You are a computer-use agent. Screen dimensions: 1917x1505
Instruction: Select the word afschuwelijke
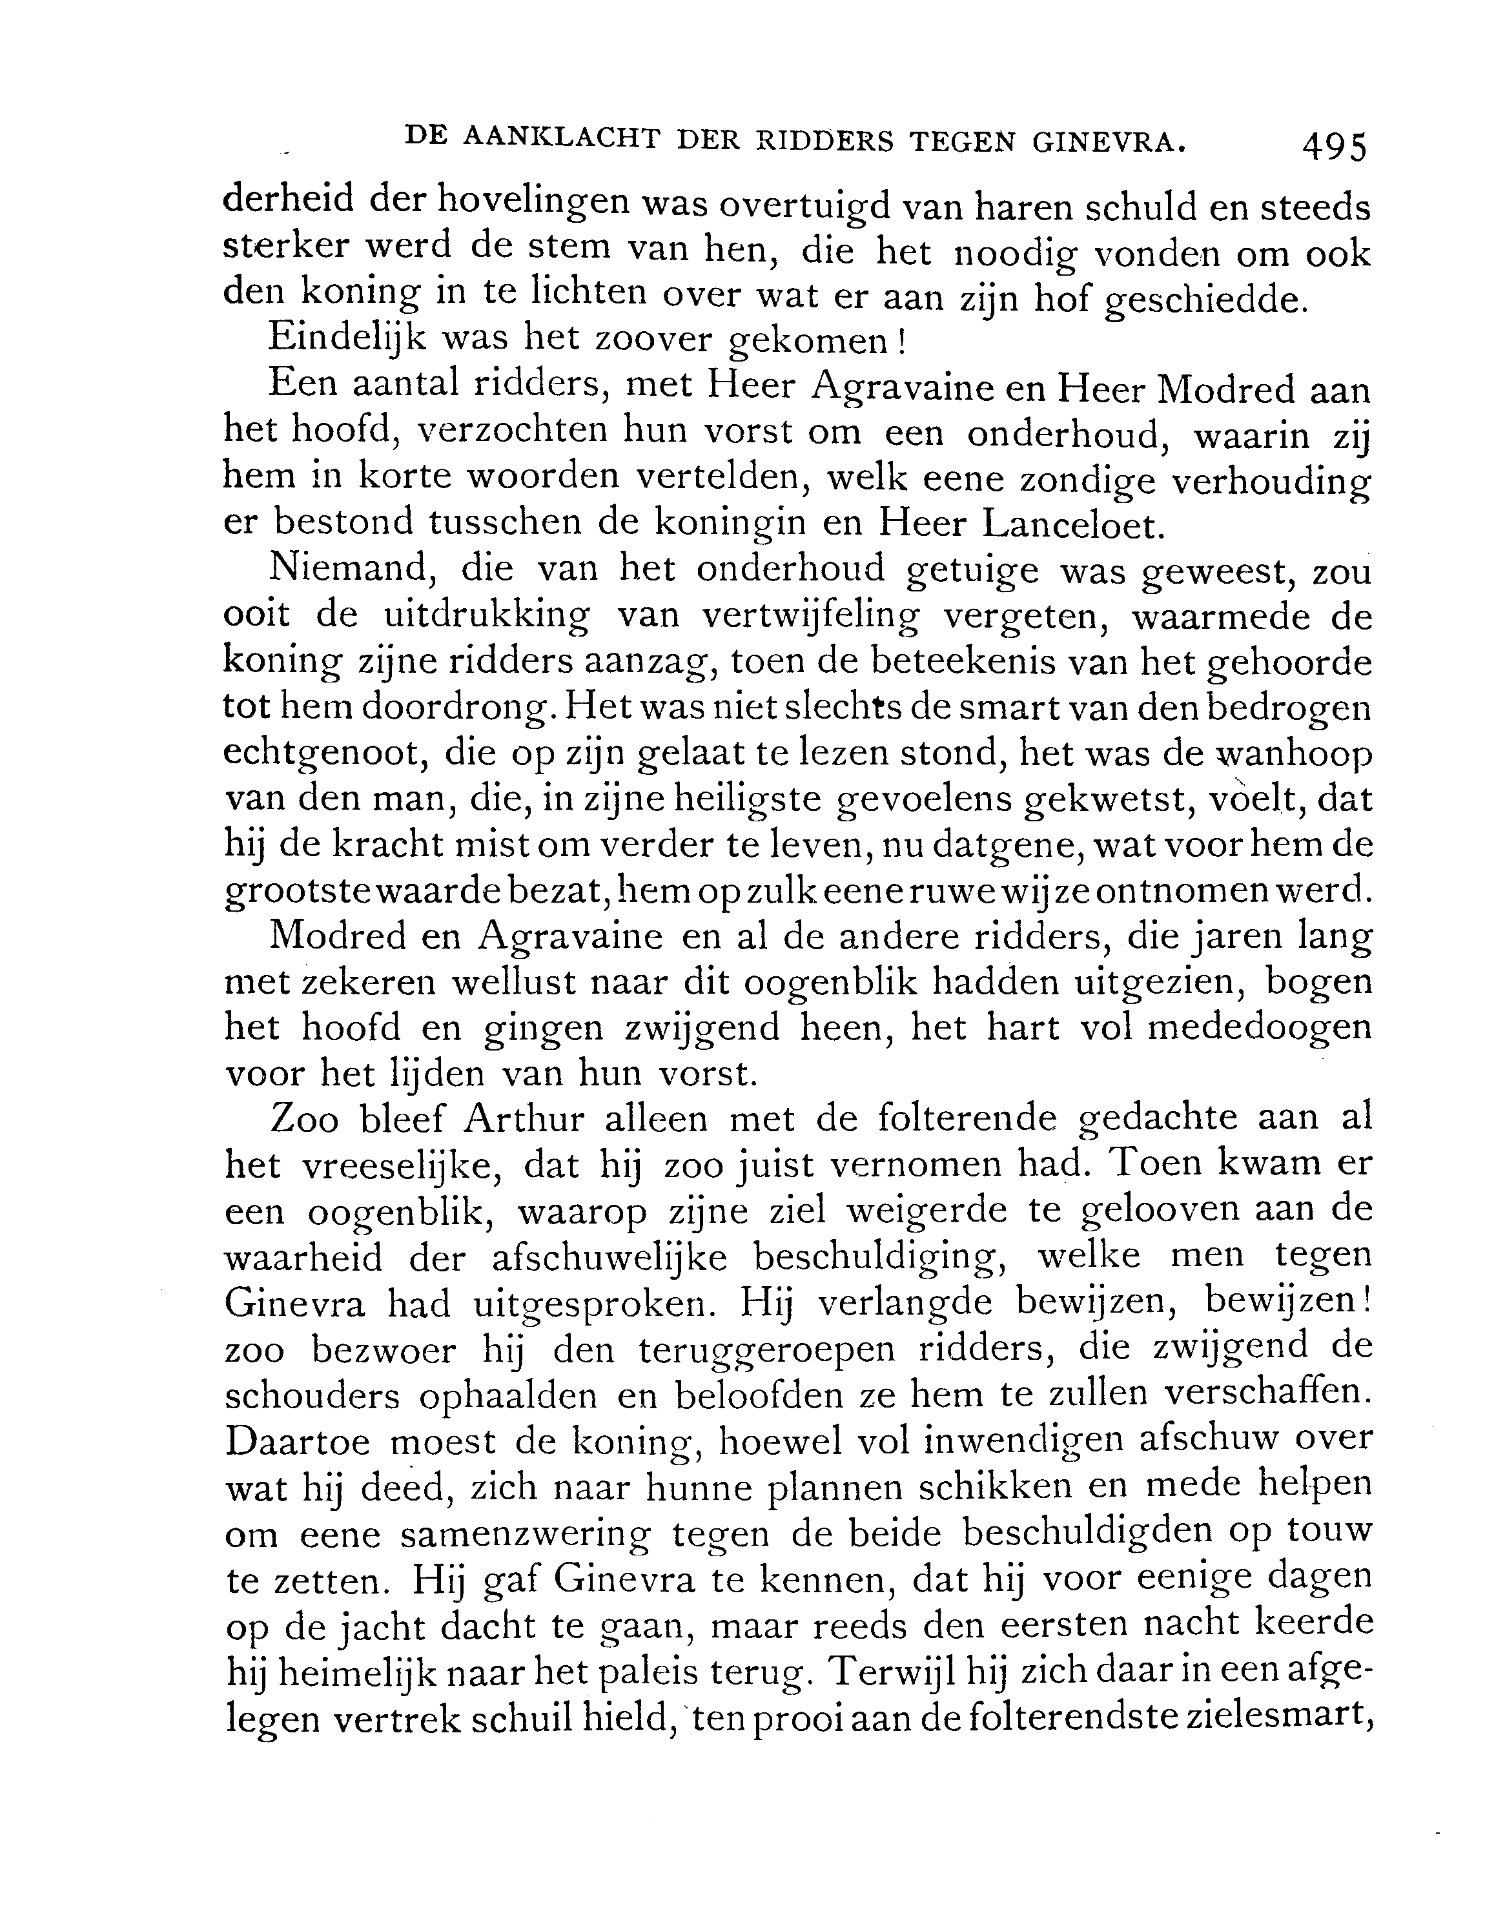pos(609,1258)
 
